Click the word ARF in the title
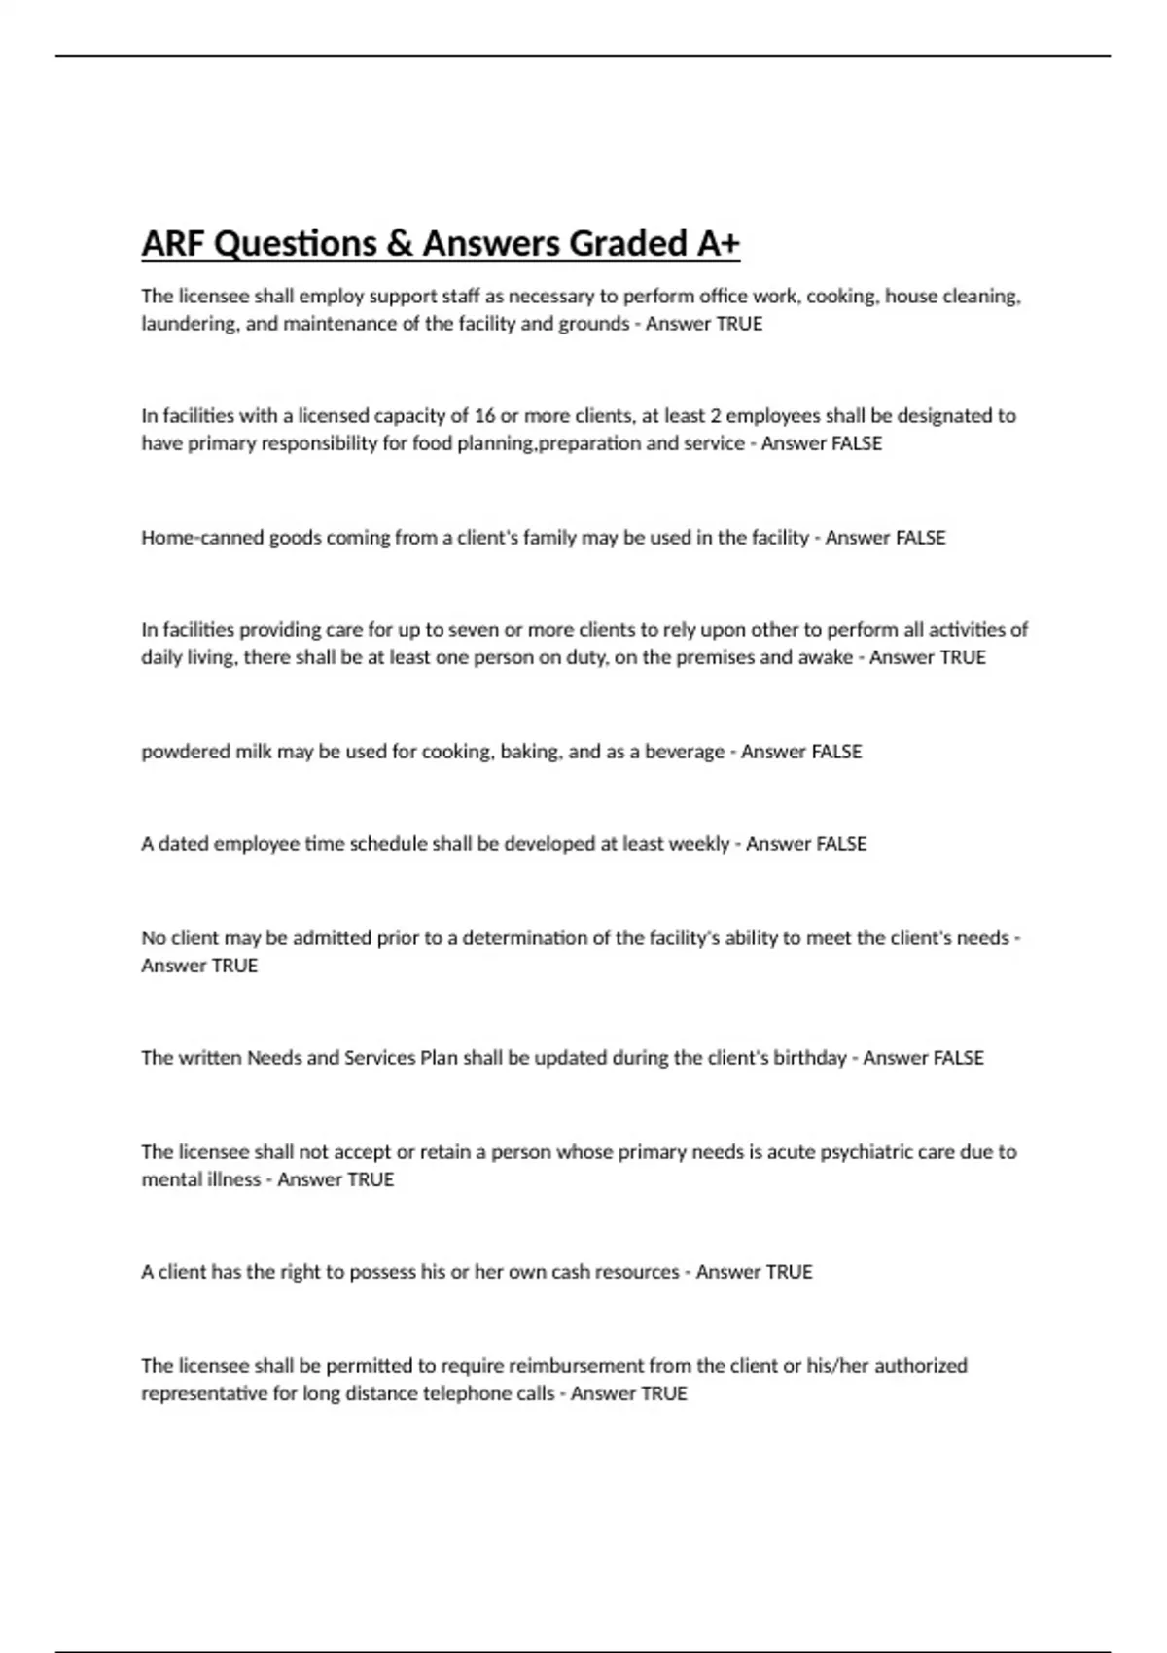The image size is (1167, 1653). pos(173,243)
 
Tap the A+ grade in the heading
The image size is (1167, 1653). pos(718,243)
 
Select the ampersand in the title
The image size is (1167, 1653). pos(399,243)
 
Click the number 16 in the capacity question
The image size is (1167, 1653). pos(484,416)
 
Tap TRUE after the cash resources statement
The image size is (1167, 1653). pos(789,1272)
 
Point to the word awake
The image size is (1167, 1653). pos(825,657)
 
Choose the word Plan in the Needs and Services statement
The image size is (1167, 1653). pos(438,1058)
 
